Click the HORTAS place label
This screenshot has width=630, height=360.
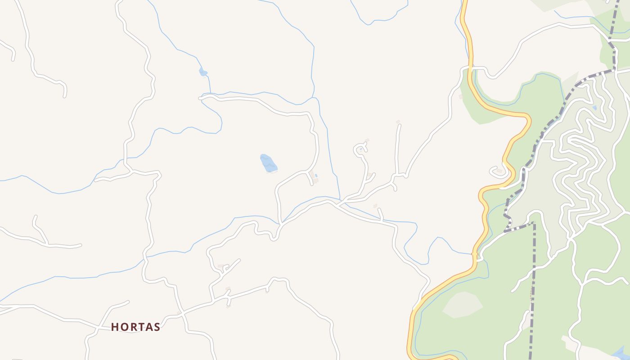click(x=135, y=327)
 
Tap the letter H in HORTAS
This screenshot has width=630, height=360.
click(x=115, y=327)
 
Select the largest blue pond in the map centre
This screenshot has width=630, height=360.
click(x=268, y=163)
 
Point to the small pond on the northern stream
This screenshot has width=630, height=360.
click(x=203, y=72)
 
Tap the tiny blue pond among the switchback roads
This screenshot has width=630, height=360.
click(x=594, y=108)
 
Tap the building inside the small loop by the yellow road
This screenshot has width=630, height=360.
click(x=499, y=171)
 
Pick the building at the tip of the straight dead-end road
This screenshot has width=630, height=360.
click(x=398, y=122)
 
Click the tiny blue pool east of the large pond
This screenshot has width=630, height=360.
click(x=316, y=175)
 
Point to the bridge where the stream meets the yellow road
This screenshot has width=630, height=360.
click(x=474, y=254)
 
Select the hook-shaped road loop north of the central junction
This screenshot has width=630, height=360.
click(x=360, y=151)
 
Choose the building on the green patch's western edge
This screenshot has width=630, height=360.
click(x=460, y=97)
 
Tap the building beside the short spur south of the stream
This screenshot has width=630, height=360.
click(x=375, y=206)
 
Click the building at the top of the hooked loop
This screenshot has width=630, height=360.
click(x=367, y=141)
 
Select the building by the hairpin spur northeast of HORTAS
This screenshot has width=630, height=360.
click(x=220, y=267)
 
